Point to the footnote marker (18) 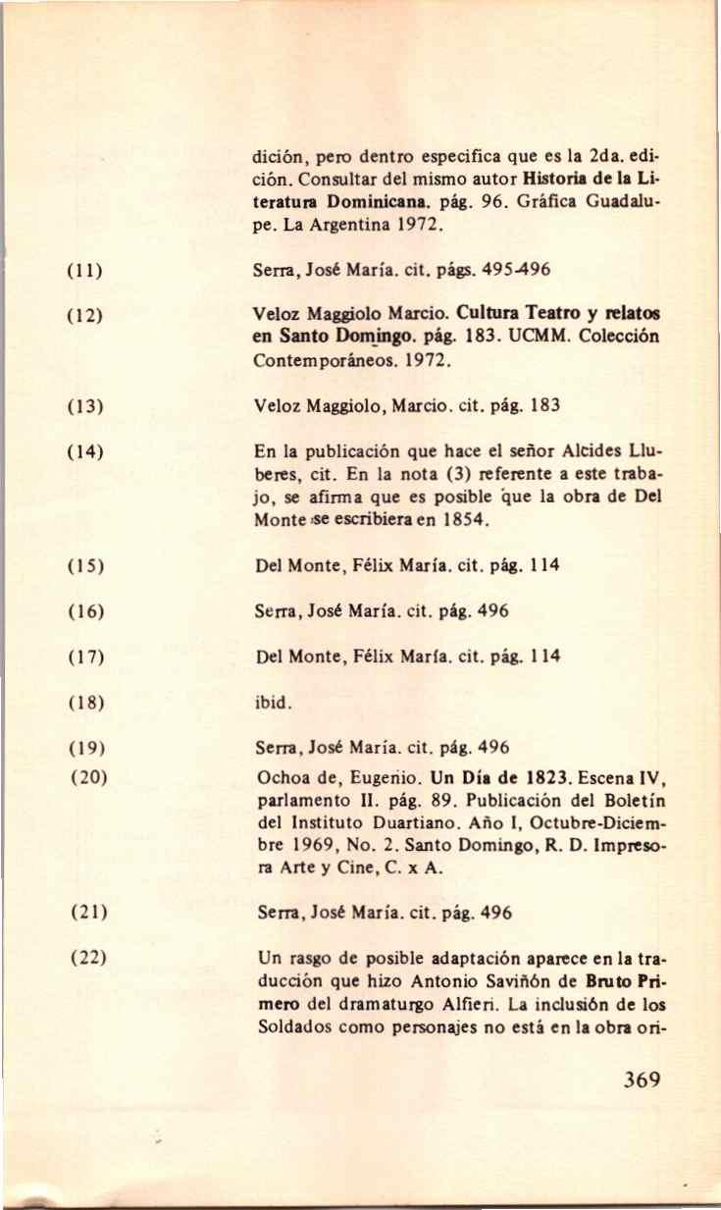click(x=78, y=703)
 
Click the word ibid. click(x=268, y=703)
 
